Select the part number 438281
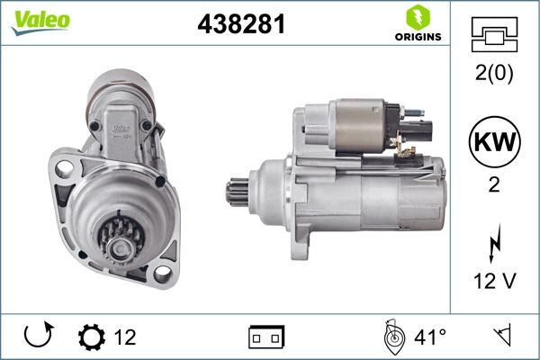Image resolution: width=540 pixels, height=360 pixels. [240, 25]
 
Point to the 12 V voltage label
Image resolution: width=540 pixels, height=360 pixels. [494, 281]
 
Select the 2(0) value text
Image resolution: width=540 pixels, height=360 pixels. [494, 75]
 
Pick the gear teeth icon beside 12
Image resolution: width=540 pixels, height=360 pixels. [91, 337]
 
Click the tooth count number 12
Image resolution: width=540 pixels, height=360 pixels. [126, 337]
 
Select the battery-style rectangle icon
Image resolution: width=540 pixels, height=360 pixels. [266, 337]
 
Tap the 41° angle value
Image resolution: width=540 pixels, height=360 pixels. [430, 337]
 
